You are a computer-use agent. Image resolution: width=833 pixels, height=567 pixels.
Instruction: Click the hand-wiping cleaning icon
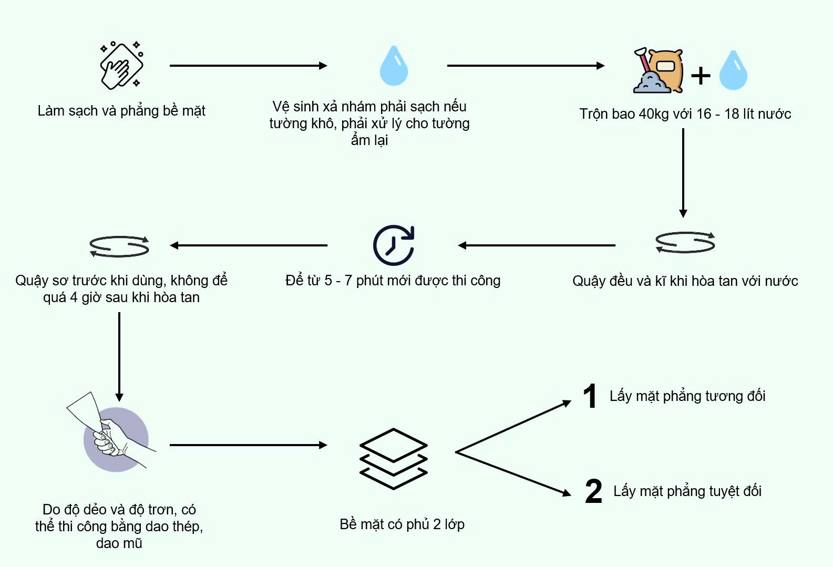coord(122,66)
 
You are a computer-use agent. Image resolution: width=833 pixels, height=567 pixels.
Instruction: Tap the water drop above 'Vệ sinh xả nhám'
coord(394,66)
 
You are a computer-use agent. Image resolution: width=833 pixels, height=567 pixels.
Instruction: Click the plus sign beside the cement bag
coord(701,75)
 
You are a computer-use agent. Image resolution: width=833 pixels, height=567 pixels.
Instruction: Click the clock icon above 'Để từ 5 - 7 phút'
coord(394,245)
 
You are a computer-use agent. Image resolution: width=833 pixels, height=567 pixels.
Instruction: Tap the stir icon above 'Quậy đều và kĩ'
coord(685,243)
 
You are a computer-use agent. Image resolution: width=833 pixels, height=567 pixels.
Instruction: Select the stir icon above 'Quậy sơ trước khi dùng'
coord(119,246)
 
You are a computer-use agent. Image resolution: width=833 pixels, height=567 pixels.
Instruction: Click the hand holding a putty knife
coord(114,434)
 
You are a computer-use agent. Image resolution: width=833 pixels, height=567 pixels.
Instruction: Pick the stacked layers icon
coord(394,459)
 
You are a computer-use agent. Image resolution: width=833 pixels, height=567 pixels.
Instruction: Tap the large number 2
coord(593,491)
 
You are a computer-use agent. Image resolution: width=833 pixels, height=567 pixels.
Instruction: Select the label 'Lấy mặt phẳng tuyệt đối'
coord(687,491)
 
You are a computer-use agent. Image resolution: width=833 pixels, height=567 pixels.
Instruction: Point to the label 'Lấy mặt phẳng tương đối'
coord(687,396)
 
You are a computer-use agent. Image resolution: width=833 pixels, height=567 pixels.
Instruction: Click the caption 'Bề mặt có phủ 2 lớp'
coord(402,524)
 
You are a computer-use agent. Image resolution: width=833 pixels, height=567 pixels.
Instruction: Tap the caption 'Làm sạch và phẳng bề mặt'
coord(121,111)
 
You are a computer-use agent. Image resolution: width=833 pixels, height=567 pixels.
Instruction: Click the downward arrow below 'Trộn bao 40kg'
coord(683,173)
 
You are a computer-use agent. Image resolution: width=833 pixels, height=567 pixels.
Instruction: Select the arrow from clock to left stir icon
coord(249,245)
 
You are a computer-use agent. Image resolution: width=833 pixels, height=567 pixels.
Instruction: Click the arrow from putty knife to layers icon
coord(249,445)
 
